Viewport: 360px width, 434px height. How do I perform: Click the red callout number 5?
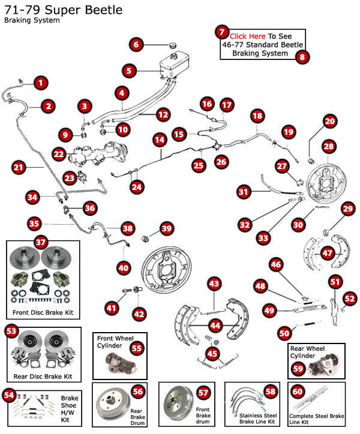tap(129, 70)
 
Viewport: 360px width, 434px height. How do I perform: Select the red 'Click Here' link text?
tap(247, 37)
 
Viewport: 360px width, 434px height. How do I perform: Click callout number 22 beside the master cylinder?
tap(59, 154)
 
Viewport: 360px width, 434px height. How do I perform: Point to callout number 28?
tap(328, 146)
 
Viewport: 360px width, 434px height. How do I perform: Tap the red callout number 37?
tap(40, 242)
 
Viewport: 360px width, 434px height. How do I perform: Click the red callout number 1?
tap(40, 83)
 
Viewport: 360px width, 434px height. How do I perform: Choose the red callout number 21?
tap(19, 168)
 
